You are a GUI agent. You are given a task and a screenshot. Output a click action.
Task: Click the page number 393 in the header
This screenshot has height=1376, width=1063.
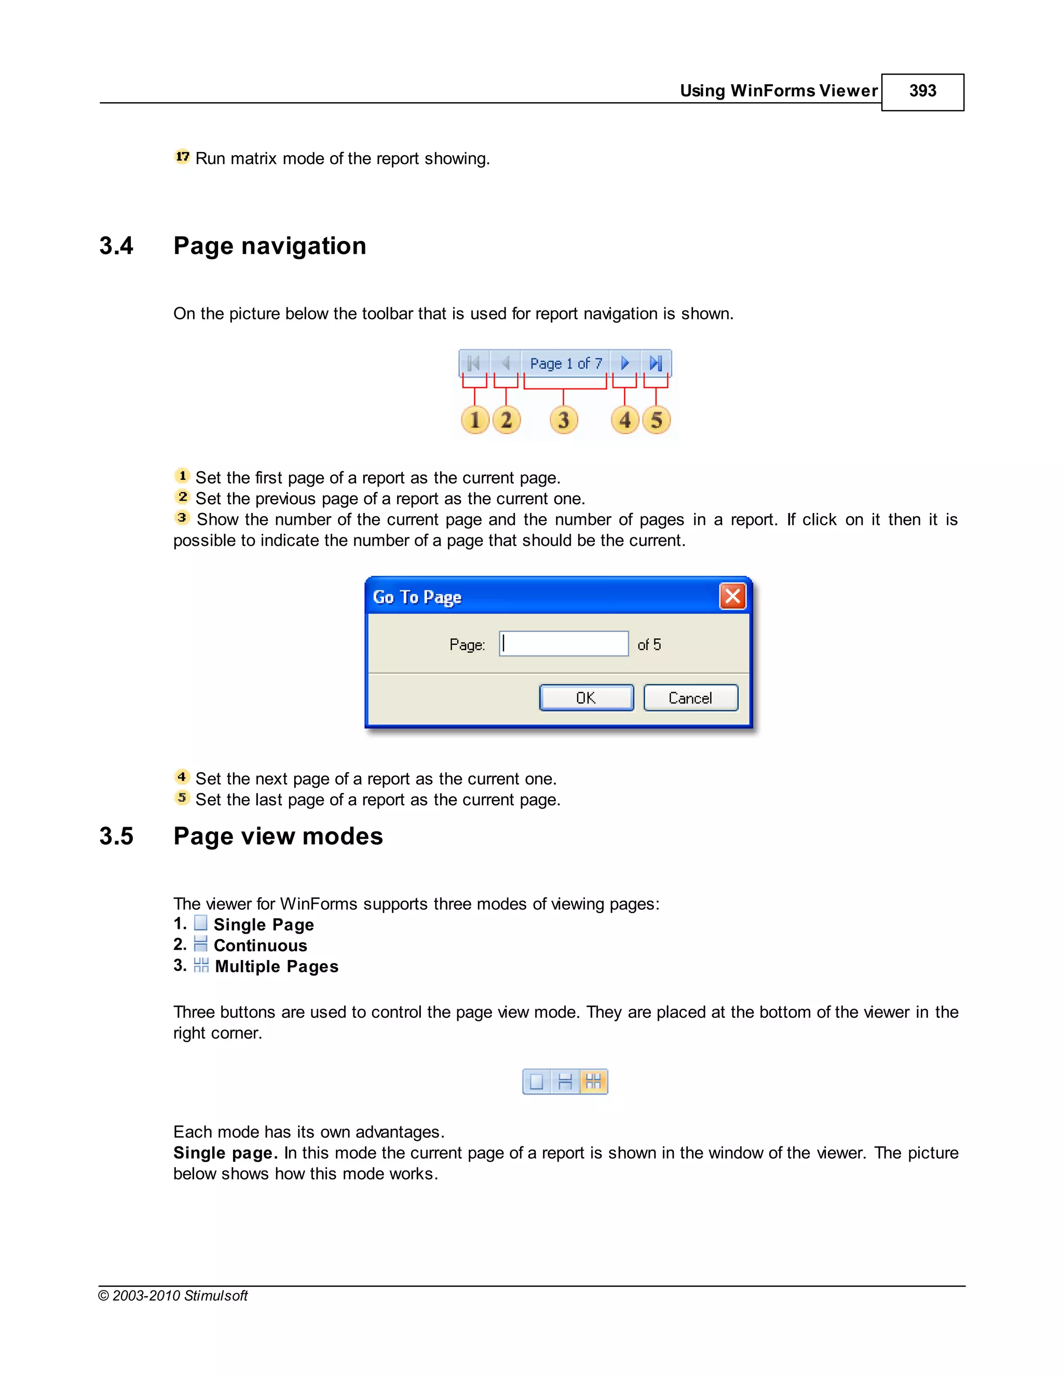(922, 91)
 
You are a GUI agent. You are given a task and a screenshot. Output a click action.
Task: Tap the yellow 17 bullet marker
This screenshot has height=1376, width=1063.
(182, 156)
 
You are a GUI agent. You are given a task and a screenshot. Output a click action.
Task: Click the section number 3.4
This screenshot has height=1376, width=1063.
(116, 246)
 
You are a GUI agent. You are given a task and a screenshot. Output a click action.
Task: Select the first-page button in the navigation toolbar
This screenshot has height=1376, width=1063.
(474, 363)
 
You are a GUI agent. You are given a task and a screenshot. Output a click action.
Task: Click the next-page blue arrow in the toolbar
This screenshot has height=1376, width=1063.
(625, 363)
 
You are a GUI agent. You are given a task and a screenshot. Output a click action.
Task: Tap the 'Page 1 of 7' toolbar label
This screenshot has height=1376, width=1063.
(566, 363)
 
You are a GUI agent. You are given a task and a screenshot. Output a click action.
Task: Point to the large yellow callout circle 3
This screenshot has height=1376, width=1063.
(564, 420)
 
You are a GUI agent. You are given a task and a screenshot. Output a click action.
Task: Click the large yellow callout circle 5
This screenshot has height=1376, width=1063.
(656, 420)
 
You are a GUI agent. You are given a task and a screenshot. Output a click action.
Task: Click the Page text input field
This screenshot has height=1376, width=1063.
(564, 644)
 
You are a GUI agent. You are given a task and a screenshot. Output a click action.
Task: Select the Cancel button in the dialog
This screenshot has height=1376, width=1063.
(690, 697)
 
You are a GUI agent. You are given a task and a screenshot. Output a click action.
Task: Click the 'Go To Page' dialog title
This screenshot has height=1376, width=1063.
(417, 597)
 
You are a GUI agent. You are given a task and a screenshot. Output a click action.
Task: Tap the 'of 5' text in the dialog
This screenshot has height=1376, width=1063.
(649, 644)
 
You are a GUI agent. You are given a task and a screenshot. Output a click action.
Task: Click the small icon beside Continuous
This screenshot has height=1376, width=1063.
(201, 944)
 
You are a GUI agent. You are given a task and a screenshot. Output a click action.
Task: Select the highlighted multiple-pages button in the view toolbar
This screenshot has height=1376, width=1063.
(593, 1082)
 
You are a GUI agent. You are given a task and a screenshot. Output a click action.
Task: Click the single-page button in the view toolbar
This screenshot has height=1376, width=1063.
(537, 1082)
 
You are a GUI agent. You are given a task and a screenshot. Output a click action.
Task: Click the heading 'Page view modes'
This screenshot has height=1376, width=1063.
(278, 836)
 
